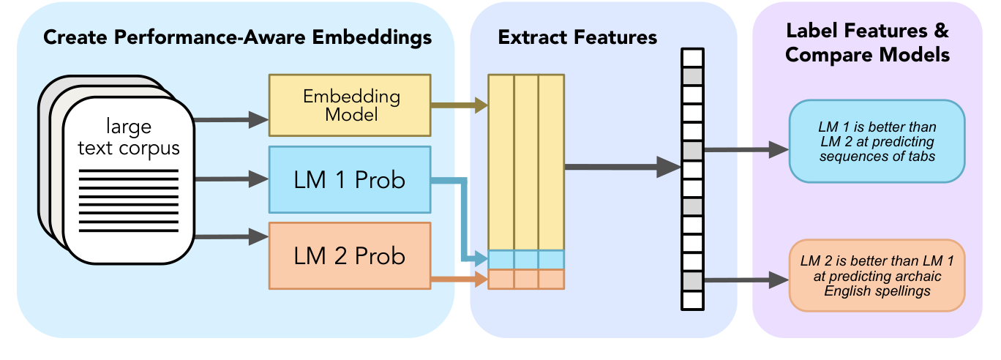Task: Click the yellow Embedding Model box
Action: [349, 105]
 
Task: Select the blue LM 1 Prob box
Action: [349, 180]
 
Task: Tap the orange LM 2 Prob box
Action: [349, 256]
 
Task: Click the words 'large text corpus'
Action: [129, 138]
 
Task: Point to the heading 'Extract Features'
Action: [577, 37]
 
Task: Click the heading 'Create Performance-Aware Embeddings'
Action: [238, 37]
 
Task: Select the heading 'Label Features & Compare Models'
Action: [867, 43]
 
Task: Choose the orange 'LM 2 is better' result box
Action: [877, 275]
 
